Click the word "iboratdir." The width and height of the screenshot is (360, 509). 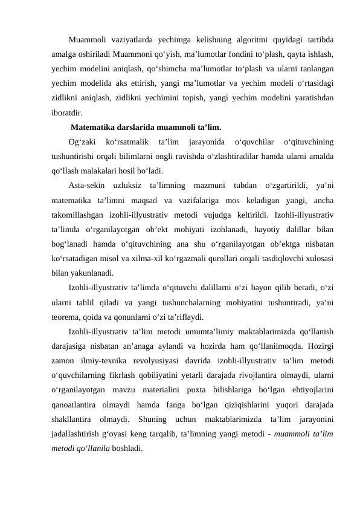pyautogui.click(x=68, y=112)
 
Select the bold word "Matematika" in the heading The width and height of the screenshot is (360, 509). pyautogui.click(x=95, y=128)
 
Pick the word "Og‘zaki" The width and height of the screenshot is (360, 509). pyautogui.click(x=82, y=142)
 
